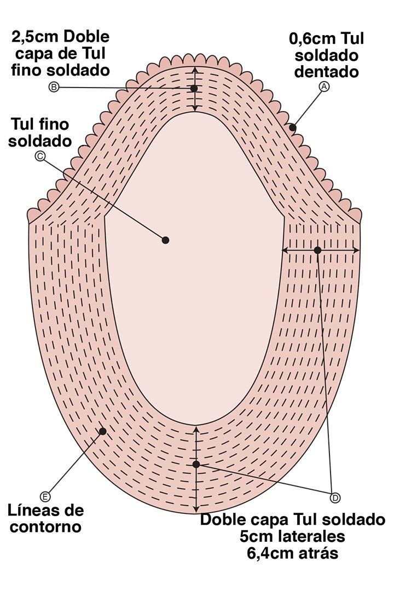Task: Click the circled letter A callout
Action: (324, 86)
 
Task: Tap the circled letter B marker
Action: (54, 87)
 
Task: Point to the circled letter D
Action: (335, 498)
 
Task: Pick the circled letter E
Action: (45, 497)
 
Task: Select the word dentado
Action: (326, 72)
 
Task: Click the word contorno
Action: (45, 526)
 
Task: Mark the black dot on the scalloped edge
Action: (292, 128)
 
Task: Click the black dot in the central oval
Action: (165, 240)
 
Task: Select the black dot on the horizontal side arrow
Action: (317, 250)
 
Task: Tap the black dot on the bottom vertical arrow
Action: (196, 464)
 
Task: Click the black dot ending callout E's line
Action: (102, 431)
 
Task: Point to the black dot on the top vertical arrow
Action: (194, 88)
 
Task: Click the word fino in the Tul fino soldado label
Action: (55, 124)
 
